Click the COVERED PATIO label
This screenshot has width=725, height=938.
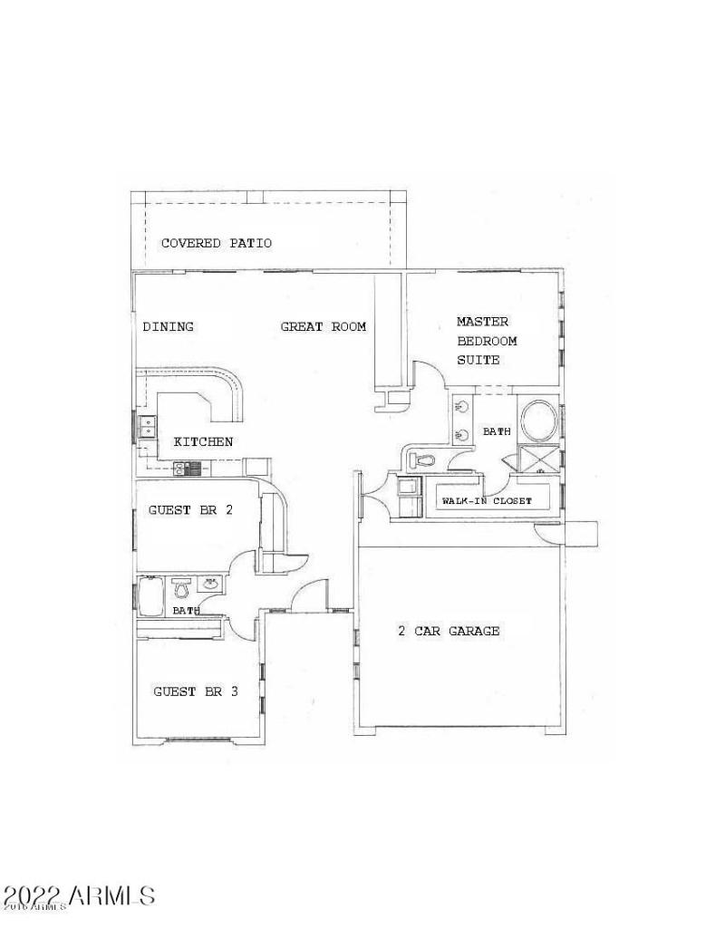click(216, 243)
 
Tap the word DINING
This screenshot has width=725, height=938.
click(168, 326)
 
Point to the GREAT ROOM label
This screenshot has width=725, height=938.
click(323, 326)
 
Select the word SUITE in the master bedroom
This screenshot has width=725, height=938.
click(478, 360)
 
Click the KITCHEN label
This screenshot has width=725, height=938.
click(203, 442)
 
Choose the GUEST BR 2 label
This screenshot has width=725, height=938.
click(190, 510)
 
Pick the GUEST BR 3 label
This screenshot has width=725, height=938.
click(195, 691)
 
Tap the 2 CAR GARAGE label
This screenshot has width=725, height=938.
click(449, 631)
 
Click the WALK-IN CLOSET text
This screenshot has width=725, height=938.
click(486, 501)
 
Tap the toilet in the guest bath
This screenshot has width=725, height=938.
click(180, 589)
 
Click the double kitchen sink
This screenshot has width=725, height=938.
click(146, 426)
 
